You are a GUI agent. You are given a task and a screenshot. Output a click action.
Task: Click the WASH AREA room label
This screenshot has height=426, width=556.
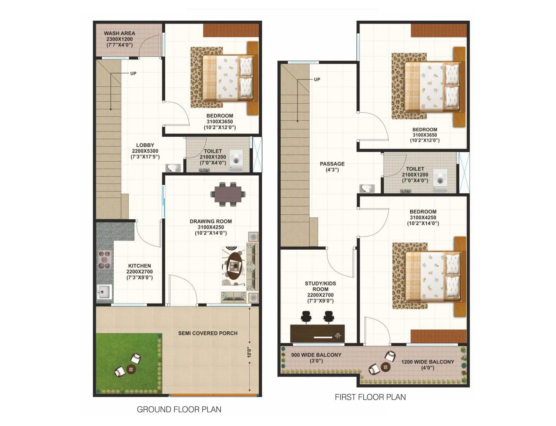(119, 39)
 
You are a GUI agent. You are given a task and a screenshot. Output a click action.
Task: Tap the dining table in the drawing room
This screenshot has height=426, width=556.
(228, 194)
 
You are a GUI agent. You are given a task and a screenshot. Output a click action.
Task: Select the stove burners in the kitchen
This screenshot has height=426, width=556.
(105, 259)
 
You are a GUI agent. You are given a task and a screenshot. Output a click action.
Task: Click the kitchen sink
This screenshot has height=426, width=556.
(104, 291)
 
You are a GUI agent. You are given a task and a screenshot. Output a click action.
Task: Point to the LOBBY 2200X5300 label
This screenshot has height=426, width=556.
(145, 151)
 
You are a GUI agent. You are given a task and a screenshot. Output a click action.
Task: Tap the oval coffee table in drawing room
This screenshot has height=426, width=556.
(234, 266)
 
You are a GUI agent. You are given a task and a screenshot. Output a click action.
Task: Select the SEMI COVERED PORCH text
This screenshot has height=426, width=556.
(208, 333)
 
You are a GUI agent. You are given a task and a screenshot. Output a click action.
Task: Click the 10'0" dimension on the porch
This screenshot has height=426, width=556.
(249, 352)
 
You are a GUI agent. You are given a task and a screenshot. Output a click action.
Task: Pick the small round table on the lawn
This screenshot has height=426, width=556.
(131, 369)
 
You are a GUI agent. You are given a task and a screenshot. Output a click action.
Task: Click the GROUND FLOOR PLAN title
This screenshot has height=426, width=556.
(179, 409)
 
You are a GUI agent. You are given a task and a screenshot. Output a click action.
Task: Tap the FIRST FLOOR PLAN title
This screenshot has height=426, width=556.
(370, 397)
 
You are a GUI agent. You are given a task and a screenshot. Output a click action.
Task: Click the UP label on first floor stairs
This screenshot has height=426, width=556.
(317, 79)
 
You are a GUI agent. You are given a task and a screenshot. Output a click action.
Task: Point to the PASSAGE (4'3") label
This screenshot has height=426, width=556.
(332, 167)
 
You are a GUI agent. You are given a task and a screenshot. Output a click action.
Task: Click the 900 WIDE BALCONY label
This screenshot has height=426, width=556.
(316, 357)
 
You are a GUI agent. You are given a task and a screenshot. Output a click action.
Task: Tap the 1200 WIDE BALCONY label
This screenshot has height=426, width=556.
(427, 364)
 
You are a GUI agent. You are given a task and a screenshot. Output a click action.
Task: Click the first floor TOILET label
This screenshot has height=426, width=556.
(415, 175)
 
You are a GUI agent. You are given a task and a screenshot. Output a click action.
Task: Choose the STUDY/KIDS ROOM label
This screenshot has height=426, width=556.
(320, 292)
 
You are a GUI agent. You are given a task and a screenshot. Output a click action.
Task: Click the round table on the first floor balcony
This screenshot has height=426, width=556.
(385, 367)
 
